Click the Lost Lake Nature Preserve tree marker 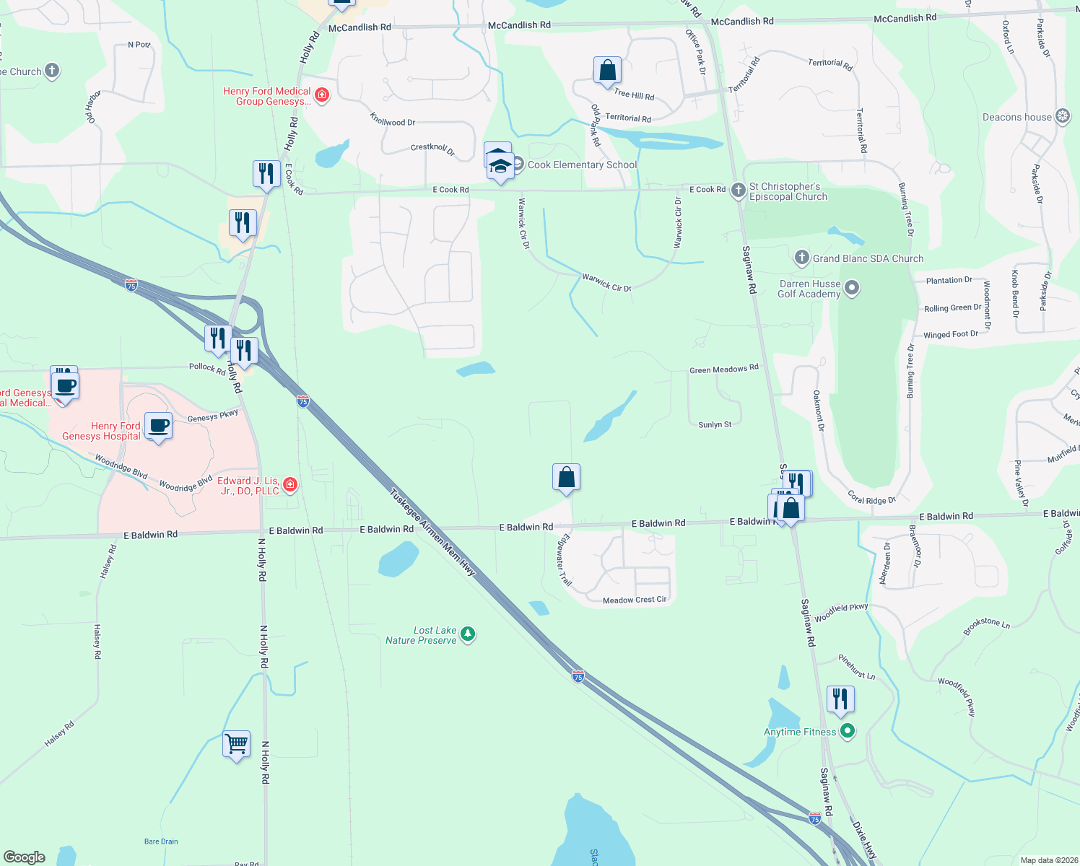click(468, 634)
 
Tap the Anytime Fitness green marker click(848, 731)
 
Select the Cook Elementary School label click(582, 165)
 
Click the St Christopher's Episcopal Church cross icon click(738, 191)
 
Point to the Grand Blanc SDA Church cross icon click(801, 258)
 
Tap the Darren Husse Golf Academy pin click(852, 289)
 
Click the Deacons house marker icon click(1063, 116)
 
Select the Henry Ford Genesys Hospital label click(101, 431)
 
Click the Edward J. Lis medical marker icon click(290, 484)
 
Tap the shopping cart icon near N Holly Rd click(237, 743)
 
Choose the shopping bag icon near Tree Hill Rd click(608, 70)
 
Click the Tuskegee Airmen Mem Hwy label click(432, 533)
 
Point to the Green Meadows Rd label click(723, 369)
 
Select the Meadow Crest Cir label click(635, 600)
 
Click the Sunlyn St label click(715, 424)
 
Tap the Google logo click(25, 857)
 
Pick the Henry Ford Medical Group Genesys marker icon click(322, 95)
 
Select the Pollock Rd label click(207, 367)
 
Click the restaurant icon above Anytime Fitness click(840, 699)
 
